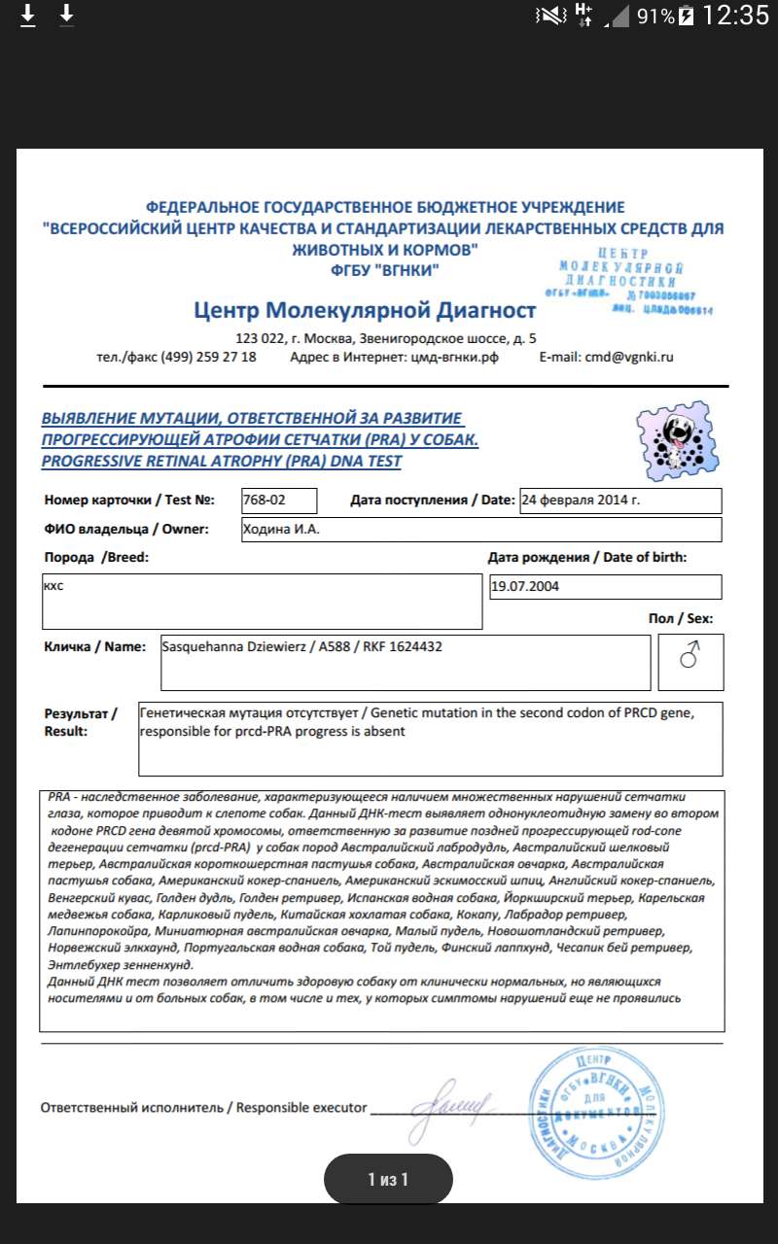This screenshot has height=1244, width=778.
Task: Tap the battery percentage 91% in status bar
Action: pos(655,16)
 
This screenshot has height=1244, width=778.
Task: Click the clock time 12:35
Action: pos(735,16)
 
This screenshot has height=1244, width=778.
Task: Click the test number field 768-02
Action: pos(279,501)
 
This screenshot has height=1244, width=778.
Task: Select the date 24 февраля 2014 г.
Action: pos(620,501)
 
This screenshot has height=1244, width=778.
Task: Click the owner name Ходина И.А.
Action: pos(480,530)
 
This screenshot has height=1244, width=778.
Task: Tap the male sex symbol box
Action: pos(690,658)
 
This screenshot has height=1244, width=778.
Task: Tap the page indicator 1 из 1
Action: pos(388,1180)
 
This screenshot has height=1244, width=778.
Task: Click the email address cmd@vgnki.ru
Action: pos(606,357)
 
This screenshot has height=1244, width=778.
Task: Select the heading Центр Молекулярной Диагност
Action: pos(365,311)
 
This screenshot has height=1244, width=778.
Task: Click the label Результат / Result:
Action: pos(82,721)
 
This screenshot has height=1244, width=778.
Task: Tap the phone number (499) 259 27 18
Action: pos(208,357)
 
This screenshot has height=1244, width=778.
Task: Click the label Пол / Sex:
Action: pos(681,618)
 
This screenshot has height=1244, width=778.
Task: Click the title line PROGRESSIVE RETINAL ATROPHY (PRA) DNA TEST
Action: pos(221,462)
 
